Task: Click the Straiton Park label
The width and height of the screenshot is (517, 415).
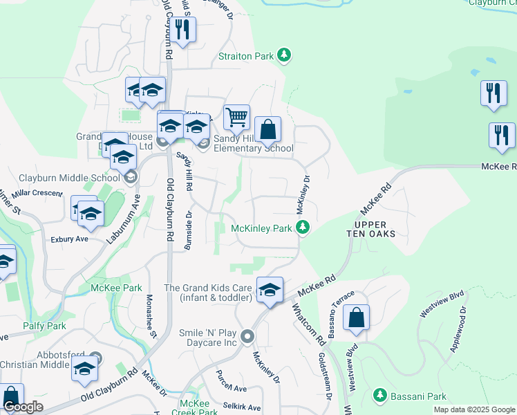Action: point(246,56)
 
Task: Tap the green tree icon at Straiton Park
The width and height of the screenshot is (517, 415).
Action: point(283,54)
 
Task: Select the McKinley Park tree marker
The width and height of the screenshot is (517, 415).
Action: point(302,227)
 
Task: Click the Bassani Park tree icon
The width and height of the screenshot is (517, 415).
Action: point(379,395)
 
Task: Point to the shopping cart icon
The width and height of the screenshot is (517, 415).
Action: point(236,117)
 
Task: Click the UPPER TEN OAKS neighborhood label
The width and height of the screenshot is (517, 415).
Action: point(375,229)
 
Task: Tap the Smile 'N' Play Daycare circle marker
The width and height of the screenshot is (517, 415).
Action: point(248,336)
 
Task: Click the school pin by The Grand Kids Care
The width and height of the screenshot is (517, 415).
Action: point(270,290)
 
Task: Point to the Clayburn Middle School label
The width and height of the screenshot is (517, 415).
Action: point(69,178)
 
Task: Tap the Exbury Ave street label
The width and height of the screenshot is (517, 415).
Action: point(69,239)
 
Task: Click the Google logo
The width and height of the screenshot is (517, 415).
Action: point(23,407)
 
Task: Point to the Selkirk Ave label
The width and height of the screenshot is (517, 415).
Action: point(241,407)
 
